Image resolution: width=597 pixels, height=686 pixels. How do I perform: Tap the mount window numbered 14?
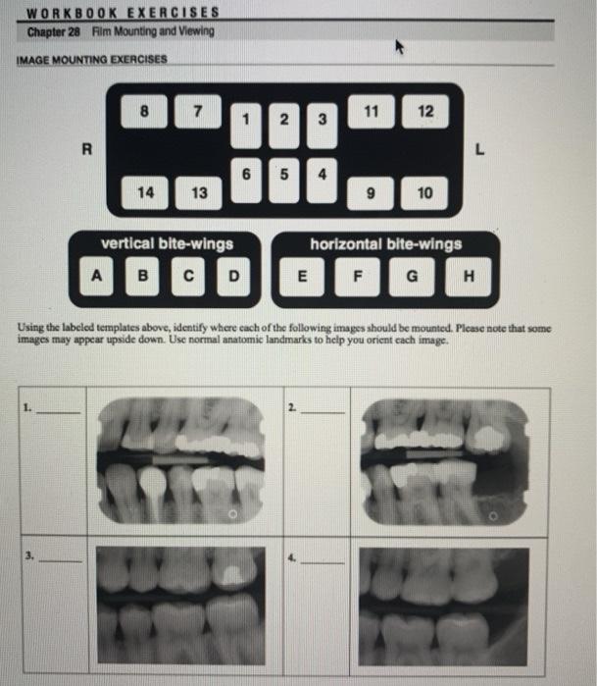pyautogui.click(x=145, y=192)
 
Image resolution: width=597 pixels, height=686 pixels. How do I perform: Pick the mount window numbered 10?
pyautogui.click(x=423, y=193)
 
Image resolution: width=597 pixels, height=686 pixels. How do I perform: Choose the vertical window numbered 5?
pyautogui.click(x=283, y=181)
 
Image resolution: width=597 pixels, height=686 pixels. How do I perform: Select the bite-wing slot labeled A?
pyautogui.click(x=96, y=276)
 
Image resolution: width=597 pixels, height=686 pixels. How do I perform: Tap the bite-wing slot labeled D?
pyautogui.click(x=232, y=276)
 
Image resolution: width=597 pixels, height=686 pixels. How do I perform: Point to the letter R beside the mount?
pyautogui.click(x=87, y=150)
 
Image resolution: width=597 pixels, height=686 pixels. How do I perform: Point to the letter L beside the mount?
pyautogui.click(x=479, y=150)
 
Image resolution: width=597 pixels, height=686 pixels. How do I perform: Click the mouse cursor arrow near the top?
pyautogui.click(x=399, y=46)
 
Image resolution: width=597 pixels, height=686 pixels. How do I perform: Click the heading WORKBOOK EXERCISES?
pyautogui.click(x=123, y=13)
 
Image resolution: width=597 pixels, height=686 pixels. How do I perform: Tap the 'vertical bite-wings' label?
pyautogui.click(x=167, y=242)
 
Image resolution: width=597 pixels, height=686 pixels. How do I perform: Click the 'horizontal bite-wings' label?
pyautogui.click(x=385, y=242)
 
